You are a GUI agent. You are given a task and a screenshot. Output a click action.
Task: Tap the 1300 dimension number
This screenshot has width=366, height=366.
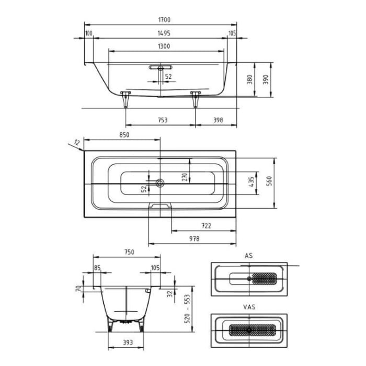[163, 46]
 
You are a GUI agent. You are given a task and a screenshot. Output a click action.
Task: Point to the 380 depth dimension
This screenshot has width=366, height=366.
[250, 79]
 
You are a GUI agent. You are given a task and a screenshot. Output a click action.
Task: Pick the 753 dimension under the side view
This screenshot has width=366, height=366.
[162, 120]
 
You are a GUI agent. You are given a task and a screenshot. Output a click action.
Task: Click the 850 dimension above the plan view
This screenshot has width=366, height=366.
[124, 134]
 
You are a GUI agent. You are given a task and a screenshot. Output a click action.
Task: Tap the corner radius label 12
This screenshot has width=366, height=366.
[77, 142]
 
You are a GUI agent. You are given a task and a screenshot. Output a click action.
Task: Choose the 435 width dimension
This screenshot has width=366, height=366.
[251, 182]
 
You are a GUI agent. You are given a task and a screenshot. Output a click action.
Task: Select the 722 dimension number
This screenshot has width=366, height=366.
[206, 226]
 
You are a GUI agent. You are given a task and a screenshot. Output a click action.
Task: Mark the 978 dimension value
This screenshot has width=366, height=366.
[193, 238]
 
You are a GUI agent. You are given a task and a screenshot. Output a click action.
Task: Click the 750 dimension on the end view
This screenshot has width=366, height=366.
[129, 251]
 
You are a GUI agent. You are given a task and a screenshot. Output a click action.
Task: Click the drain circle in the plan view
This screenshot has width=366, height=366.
[160, 183]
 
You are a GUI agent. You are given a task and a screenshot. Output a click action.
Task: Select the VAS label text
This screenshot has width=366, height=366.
[249, 307]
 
